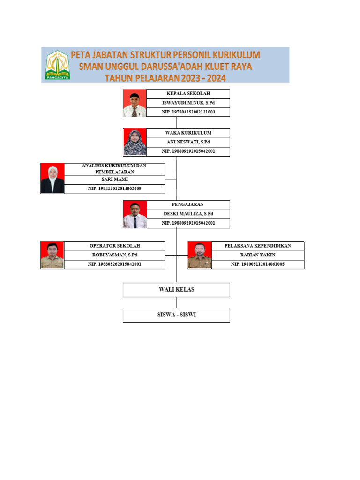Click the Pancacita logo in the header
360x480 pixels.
coord(57,65)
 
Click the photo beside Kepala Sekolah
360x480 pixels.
coord(135,103)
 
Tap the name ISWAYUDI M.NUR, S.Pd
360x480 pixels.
coord(188,103)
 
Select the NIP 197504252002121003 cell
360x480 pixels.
coord(188,112)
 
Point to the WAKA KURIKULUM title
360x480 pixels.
coord(188,133)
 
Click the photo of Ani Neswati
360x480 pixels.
coord(135,142)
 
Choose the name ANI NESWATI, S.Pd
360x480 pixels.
coord(188,142)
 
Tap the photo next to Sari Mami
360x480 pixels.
coord(52,179)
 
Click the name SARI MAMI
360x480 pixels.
coord(114,180)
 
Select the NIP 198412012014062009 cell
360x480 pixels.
coord(114,189)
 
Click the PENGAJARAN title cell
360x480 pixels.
coord(188,205)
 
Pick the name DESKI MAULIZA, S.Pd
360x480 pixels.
coord(188,214)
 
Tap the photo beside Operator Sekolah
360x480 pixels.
coord(52,255)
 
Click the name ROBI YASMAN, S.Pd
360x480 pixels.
coord(114,255)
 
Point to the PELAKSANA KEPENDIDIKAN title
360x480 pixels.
coord(257,246)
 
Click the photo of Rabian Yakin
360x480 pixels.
coord(199,255)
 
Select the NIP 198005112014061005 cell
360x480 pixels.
coord(257,264)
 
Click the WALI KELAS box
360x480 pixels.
coord(176,290)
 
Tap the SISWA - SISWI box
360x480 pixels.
coord(176,315)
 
